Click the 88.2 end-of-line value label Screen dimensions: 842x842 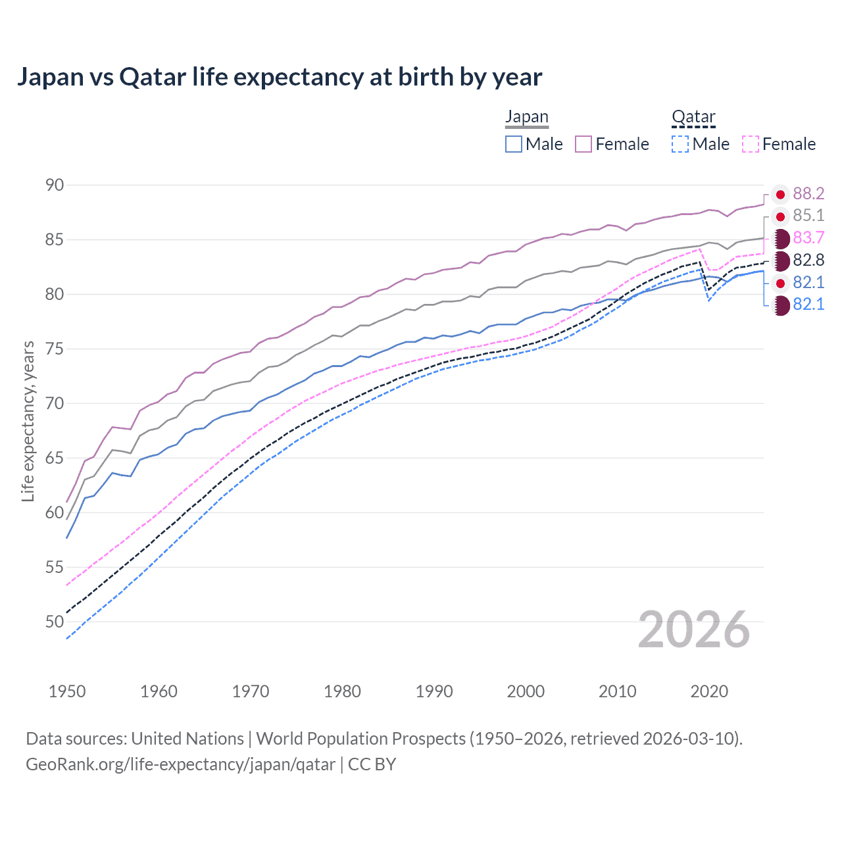[x=808, y=193]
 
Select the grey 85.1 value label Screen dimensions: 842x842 [x=808, y=216]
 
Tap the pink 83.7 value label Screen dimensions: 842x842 [x=808, y=237]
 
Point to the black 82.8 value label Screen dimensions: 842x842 [x=808, y=260]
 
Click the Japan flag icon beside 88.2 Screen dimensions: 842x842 [x=780, y=194]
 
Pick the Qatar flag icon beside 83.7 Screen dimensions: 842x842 [x=781, y=238]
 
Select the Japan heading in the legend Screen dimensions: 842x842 [x=526, y=117]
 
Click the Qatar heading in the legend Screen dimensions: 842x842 [x=693, y=117]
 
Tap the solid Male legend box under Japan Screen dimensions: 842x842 [x=514, y=144]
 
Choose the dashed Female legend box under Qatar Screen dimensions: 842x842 [x=751, y=144]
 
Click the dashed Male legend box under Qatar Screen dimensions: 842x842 [x=680, y=144]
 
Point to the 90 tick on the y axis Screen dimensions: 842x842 [x=55, y=185]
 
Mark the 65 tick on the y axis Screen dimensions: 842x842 [x=55, y=458]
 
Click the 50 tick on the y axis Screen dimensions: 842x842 [x=55, y=622]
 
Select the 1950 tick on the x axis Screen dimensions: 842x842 [x=67, y=691]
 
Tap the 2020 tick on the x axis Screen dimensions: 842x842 [x=709, y=691]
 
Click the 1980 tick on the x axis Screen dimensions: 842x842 [x=342, y=691]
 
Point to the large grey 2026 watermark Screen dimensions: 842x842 [x=694, y=630]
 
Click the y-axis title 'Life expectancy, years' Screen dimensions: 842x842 [x=28, y=421]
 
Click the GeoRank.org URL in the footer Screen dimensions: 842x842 [x=180, y=764]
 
